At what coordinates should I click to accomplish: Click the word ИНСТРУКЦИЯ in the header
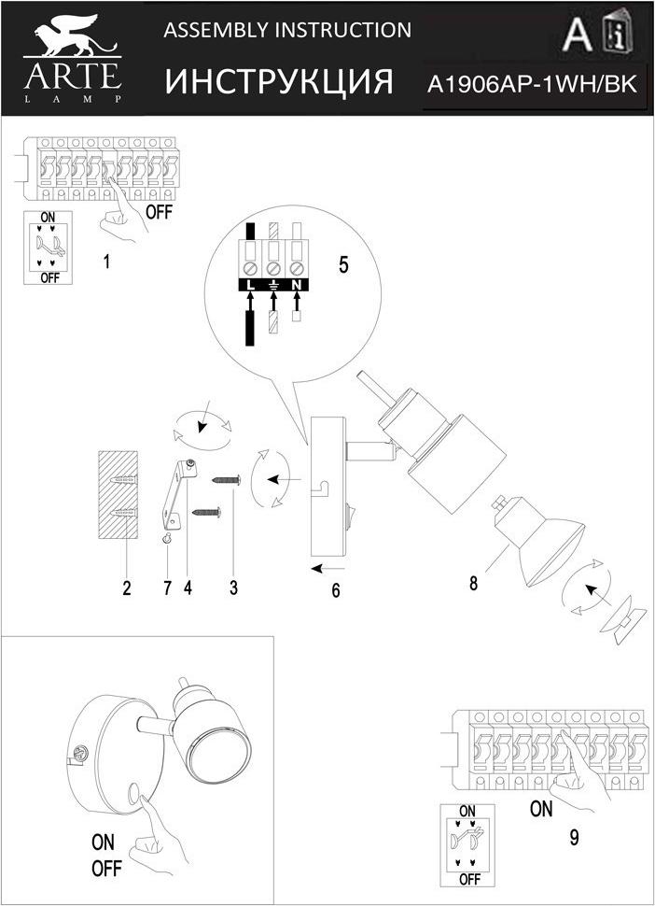[279, 82]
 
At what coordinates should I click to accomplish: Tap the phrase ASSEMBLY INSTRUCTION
[287, 31]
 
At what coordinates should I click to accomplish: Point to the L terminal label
[251, 283]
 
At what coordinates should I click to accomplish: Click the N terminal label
[296, 283]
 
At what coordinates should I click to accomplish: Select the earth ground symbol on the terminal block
[273, 283]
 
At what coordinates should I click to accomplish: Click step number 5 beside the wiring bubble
[343, 264]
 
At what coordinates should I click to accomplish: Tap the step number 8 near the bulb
[473, 585]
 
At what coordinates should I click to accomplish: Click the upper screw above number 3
[228, 480]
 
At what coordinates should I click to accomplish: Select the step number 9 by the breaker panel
[573, 838]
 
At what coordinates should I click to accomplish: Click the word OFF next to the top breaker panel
[160, 211]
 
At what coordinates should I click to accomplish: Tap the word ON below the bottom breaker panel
[541, 809]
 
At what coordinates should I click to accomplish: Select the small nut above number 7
[166, 540]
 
